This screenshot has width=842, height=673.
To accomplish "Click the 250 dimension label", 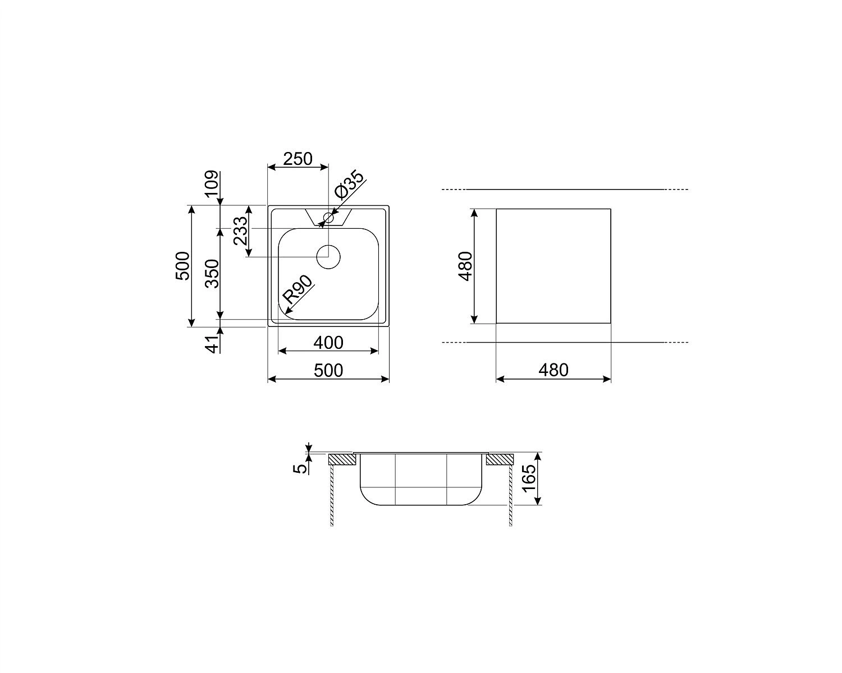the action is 298,159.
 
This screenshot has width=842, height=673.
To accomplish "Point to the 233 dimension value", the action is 241,231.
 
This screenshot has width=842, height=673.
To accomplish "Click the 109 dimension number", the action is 211,184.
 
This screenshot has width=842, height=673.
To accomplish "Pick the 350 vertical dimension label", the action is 212,273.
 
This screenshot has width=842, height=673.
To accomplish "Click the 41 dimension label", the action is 212,344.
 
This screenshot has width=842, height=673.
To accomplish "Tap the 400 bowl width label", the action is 328,343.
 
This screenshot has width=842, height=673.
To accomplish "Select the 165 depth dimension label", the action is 529,478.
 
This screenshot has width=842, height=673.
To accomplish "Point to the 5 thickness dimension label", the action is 301,468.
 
